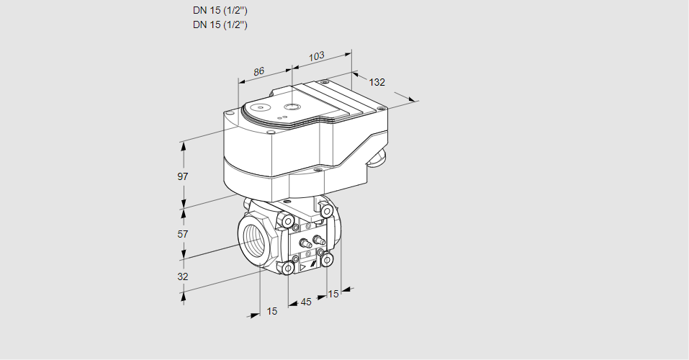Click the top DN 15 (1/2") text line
click(220, 11)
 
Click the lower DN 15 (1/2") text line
click(220, 25)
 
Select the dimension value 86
click(260, 71)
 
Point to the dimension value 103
click(316, 55)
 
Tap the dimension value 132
click(377, 82)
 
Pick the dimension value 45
click(306, 302)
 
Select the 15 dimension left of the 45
click(271, 311)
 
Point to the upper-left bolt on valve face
click(287, 220)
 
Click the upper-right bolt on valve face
click(327, 210)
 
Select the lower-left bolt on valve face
click(287, 269)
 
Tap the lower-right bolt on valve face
click(327, 258)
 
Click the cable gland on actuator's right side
click(377, 158)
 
